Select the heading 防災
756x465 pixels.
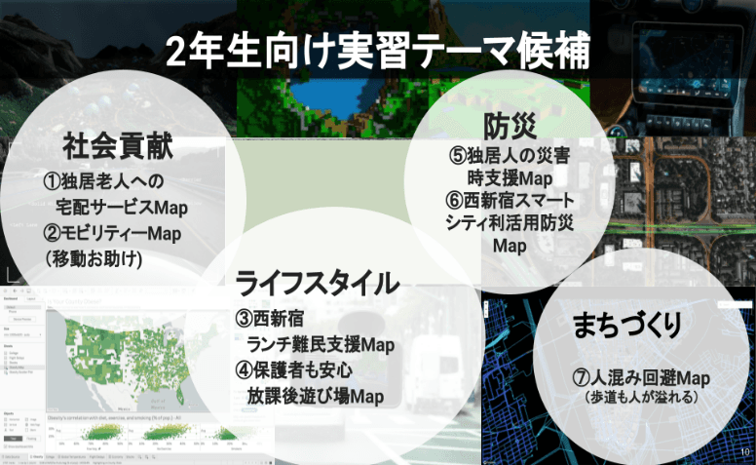click(x=509, y=127)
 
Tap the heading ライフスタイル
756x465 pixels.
click(x=319, y=284)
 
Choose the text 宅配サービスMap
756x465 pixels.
click(x=121, y=208)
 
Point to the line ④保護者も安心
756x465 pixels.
click(x=292, y=370)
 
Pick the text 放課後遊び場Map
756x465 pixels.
click(x=314, y=396)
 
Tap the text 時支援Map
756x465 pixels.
click(x=509, y=178)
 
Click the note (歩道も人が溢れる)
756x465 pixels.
click(x=639, y=398)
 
